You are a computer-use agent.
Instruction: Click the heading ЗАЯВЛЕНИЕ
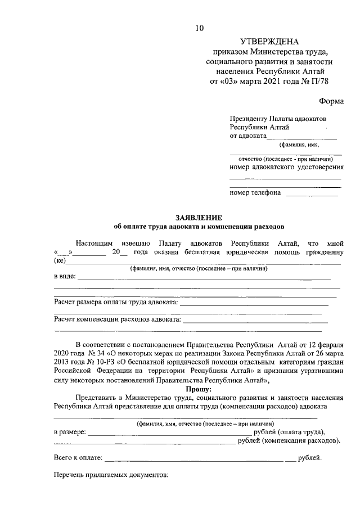pos(199,217)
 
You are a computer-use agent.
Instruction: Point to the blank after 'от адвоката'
pos(301,136)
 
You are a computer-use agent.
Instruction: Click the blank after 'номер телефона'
pos(312,193)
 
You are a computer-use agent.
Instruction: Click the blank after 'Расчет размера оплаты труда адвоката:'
pos(253,303)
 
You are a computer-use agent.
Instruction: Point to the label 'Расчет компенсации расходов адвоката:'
pos(117,319)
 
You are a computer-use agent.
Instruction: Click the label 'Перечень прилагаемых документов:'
pos(111,476)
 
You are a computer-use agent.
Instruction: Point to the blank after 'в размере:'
pos(169,432)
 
